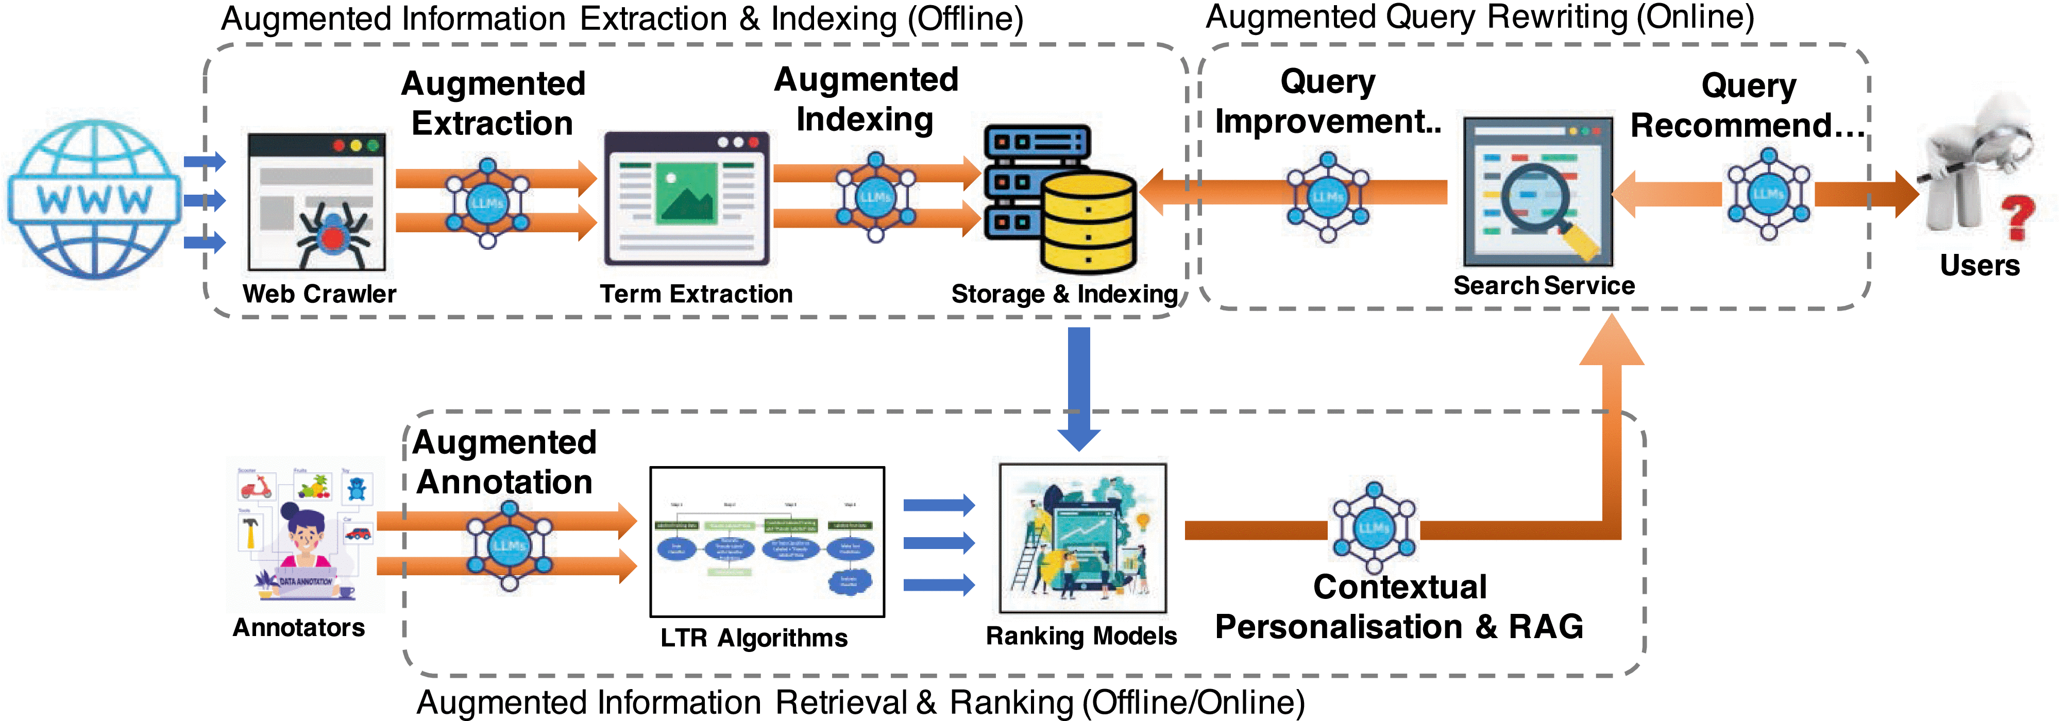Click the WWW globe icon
94,199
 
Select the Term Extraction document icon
686,199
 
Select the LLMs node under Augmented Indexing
875,196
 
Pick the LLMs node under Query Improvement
1328,196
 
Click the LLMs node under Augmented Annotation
509,545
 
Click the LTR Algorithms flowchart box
767,542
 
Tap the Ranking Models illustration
1082,538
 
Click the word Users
1979,265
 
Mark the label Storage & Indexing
1064,294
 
